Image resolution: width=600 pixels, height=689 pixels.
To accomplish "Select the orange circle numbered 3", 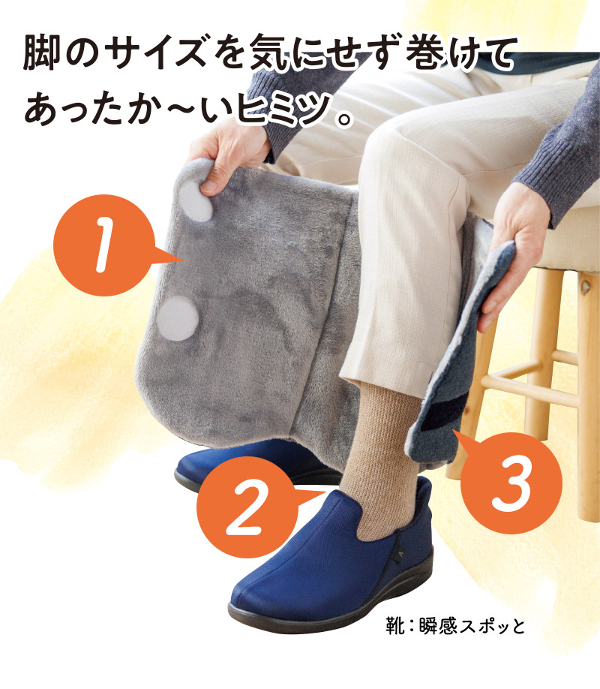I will (x=511, y=474).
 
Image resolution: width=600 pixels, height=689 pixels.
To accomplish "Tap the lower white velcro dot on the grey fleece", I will (x=178, y=318).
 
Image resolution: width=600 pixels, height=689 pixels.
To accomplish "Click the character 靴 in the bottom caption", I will (x=394, y=624).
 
